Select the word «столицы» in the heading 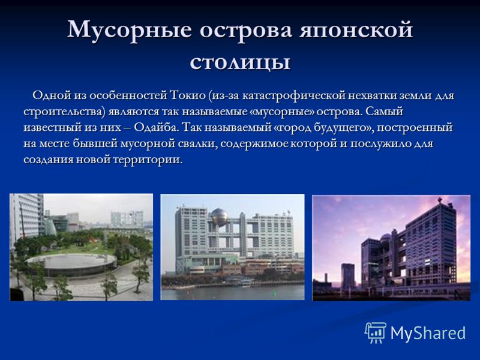(240, 63)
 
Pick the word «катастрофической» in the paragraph (294, 95)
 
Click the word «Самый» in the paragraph (384, 111)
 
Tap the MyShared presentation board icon (376, 333)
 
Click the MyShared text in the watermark (428, 334)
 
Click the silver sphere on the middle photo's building (219, 217)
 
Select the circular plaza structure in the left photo (71, 264)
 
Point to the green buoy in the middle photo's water (275, 292)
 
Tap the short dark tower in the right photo (348, 276)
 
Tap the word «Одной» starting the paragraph (52, 95)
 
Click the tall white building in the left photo (26, 218)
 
